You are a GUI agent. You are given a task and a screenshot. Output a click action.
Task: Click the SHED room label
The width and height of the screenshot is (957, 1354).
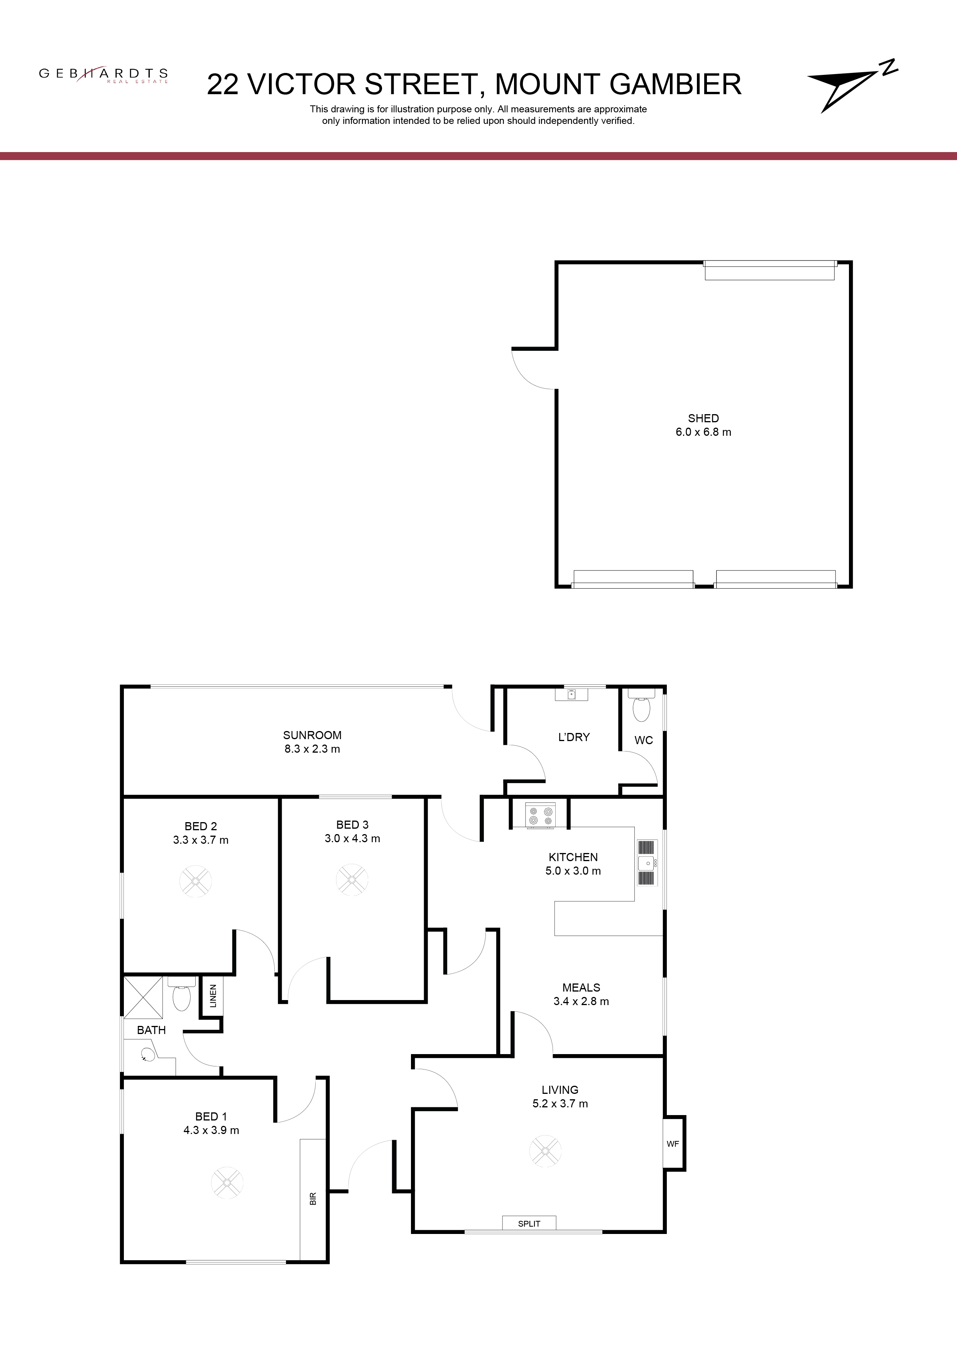pos(703,418)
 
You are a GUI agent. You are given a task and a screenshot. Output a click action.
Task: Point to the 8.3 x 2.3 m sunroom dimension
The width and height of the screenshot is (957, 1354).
pos(312,749)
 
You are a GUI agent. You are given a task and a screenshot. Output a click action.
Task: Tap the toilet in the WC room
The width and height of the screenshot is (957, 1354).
pos(640,706)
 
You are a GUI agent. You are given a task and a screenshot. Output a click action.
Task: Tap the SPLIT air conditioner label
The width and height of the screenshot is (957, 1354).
pos(529,1223)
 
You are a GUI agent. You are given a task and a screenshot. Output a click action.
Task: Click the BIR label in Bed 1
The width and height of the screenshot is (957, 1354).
pos(313,1198)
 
